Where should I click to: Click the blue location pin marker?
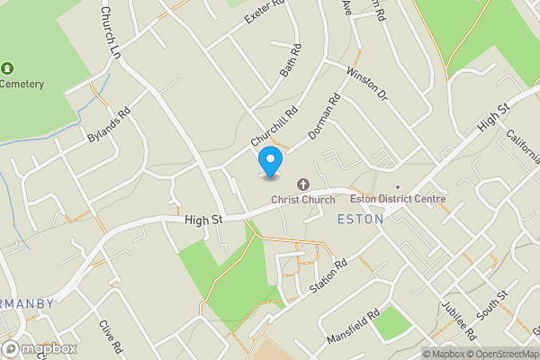pos(269,162)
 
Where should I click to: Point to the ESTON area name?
pos(360,219)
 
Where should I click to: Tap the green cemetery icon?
pos(8,68)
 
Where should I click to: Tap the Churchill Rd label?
pos(274,129)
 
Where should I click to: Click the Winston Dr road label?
pos(365,84)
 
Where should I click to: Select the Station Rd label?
pos(328,278)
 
